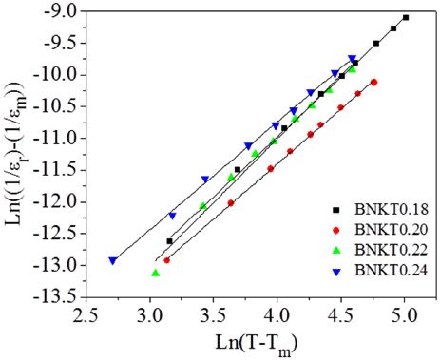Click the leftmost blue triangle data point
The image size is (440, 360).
pos(113,260)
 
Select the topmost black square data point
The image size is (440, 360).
pos(406,17)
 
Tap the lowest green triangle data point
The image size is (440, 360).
pos(156,273)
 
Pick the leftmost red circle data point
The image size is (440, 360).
pos(167,260)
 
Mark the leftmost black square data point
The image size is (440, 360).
pos(170,241)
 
